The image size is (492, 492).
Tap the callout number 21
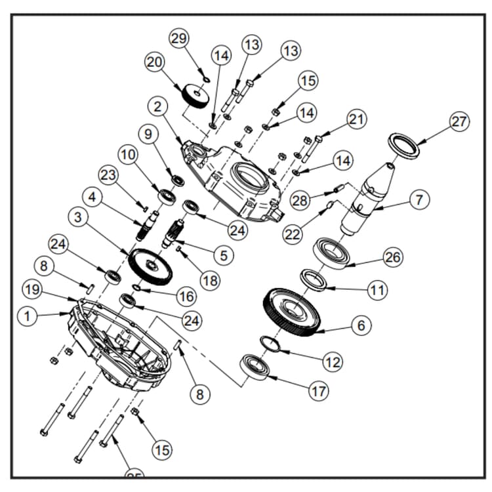coord(356,119)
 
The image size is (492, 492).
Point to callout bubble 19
coord(32,289)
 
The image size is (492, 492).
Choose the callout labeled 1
coord(28,316)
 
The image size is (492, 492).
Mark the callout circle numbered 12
coord(333,361)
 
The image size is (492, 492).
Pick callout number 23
coord(108,175)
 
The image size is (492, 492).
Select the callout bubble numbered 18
coord(209,281)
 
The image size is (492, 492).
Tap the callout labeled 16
coord(186,297)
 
